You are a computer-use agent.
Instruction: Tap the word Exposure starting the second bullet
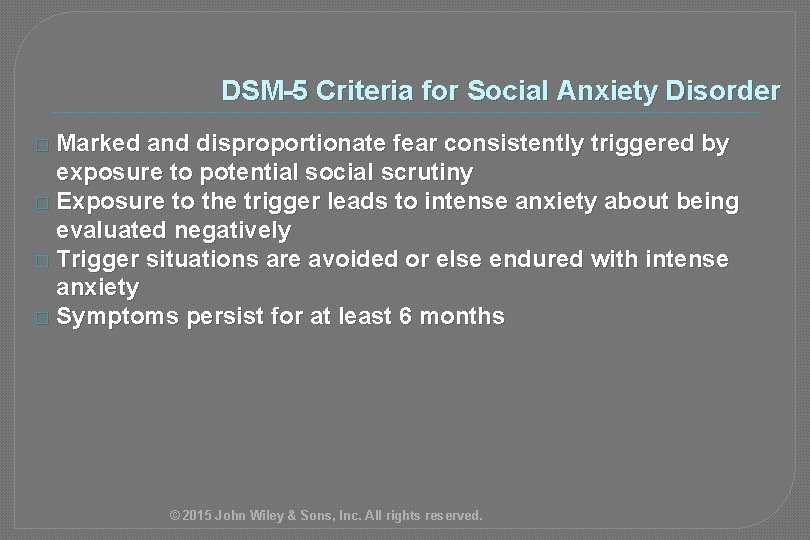[104, 202]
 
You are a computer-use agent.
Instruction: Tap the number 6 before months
[410, 317]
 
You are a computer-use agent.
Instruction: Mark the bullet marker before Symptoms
[41, 319]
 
